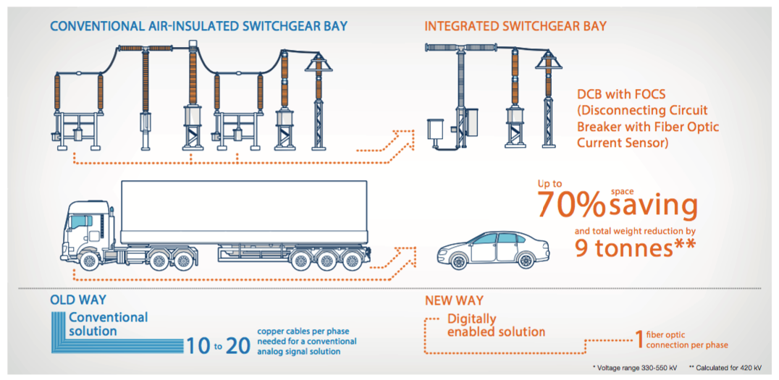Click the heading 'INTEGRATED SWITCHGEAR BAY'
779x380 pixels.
pyautogui.click(x=515, y=27)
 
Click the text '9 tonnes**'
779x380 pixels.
pyautogui.click(x=635, y=248)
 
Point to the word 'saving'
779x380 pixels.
pyautogui.click(x=654, y=206)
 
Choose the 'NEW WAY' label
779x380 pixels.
pyautogui.click(x=453, y=300)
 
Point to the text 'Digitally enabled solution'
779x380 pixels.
pyautogui.click(x=496, y=326)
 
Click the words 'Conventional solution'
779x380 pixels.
pyautogui.click(x=108, y=324)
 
